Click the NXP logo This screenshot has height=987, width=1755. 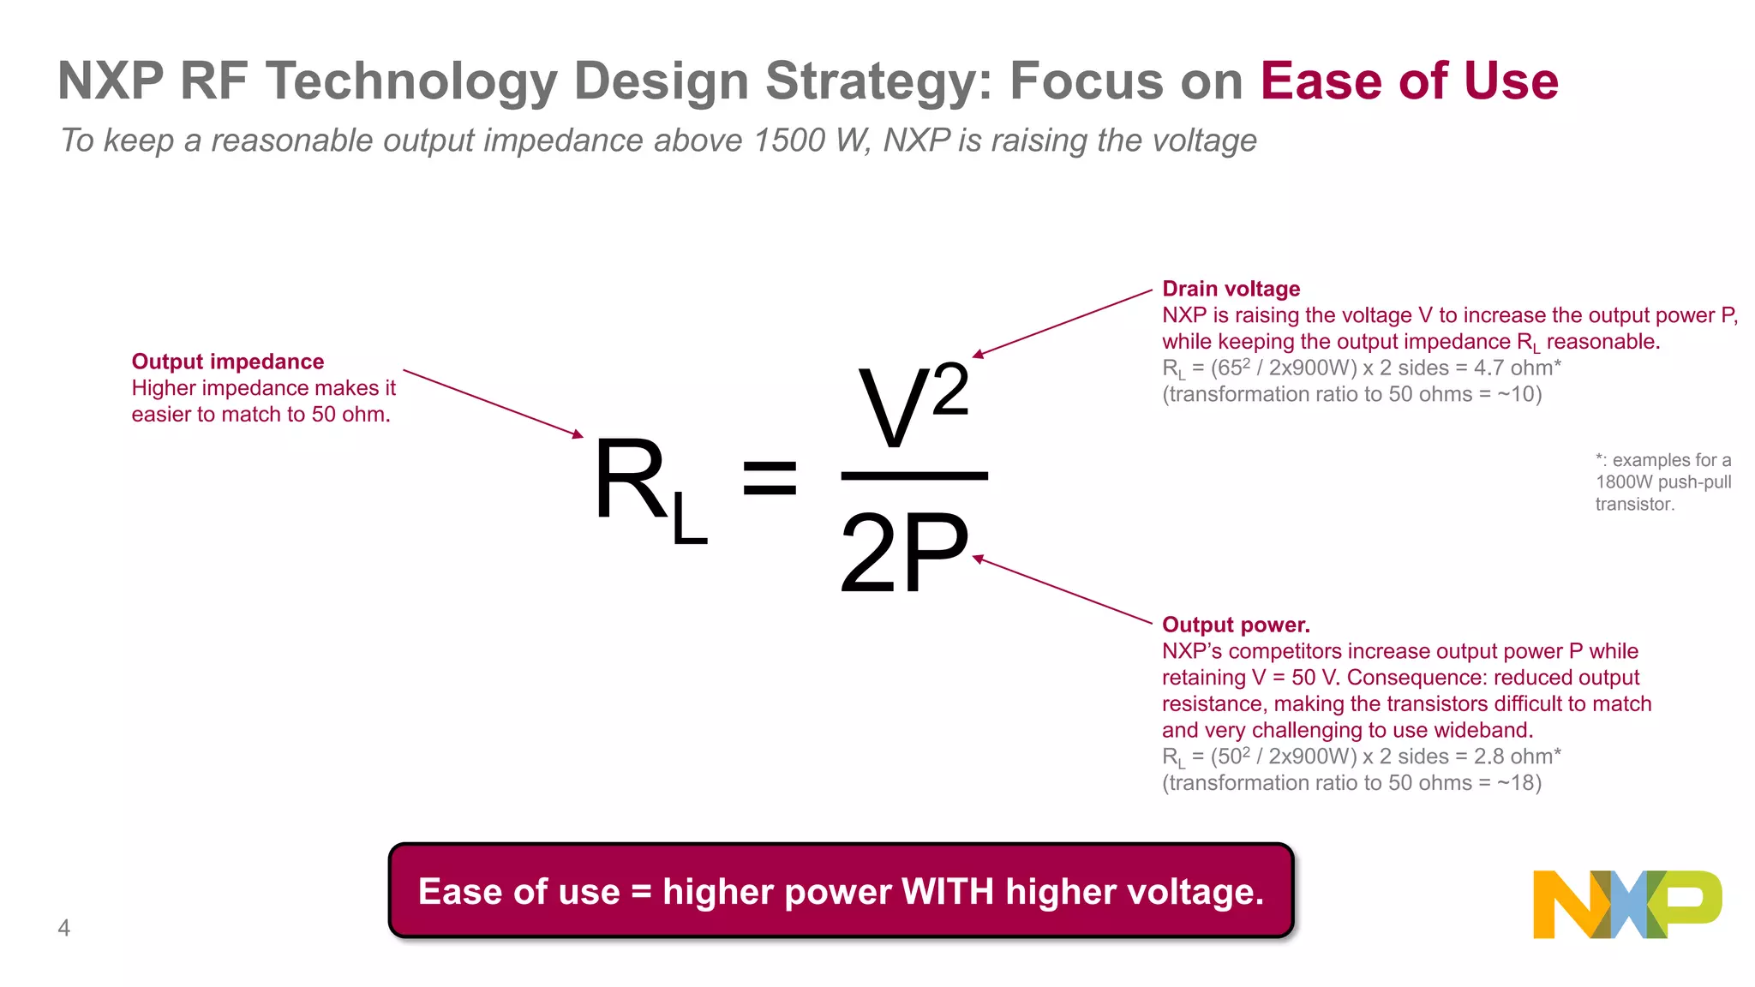[x=1626, y=904]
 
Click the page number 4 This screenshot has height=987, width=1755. [x=63, y=928]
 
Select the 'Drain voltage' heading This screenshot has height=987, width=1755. [x=1231, y=289]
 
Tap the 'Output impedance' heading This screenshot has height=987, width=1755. [x=228, y=362]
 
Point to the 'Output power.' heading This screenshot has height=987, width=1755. [x=1236, y=625]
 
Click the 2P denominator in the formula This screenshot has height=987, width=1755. [x=904, y=553]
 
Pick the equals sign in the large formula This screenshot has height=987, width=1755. [x=770, y=478]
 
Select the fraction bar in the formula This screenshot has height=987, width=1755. [x=914, y=476]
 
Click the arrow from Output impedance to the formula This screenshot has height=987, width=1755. [x=493, y=404]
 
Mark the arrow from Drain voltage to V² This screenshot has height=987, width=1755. [x=1063, y=323]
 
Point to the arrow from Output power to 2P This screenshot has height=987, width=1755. [x=1063, y=590]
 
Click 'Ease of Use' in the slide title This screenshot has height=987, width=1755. [x=1409, y=81]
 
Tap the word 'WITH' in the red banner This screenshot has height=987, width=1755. [x=948, y=892]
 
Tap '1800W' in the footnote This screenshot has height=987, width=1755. [x=1621, y=482]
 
